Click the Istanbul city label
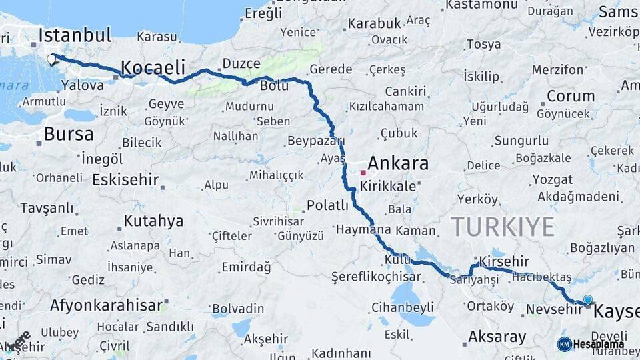click(x=75, y=35)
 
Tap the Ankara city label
click(x=398, y=163)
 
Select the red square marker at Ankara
click(x=363, y=172)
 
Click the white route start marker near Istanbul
click(x=52, y=59)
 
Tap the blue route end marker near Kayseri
click(x=587, y=300)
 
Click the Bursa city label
click(x=69, y=134)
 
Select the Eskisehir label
click(x=125, y=180)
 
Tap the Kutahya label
click(x=153, y=221)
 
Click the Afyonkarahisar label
click(x=106, y=305)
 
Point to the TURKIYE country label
click(x=503, y=227)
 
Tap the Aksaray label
click(x=497, y=337)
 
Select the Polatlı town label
click(x=327, y=205)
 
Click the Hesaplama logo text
click(x=598, y=345)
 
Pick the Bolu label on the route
click(x=274, y=87)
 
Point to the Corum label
click(x=571, y=96)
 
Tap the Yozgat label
click(x=553, y=180)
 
